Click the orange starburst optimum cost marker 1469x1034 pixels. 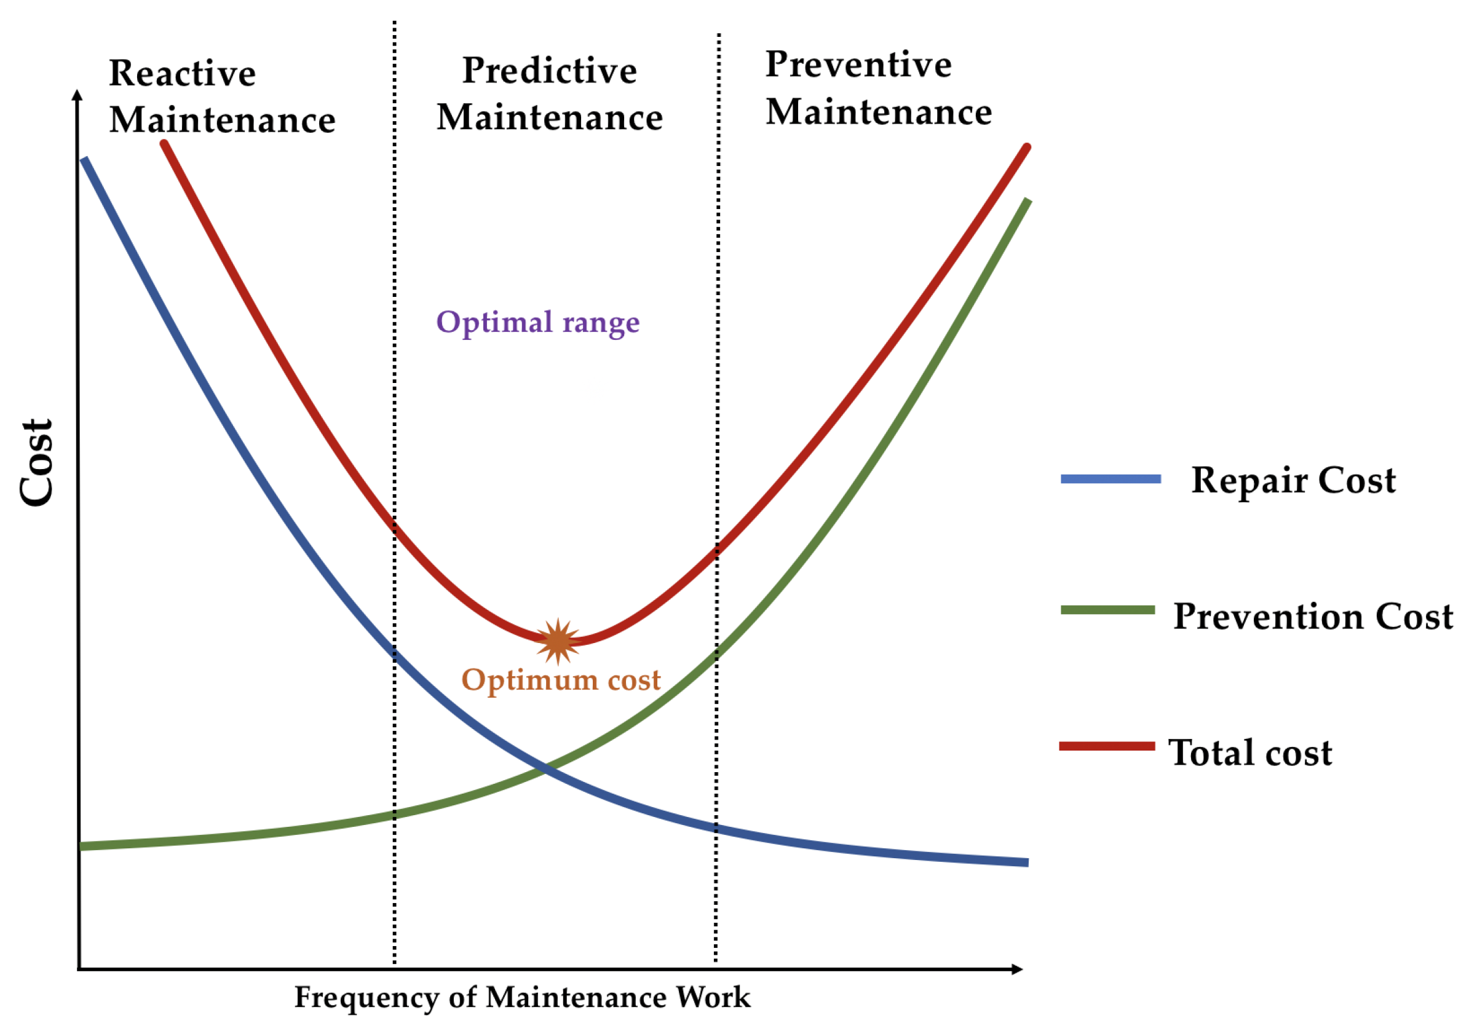(558, 641)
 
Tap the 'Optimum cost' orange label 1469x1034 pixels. (560, 680)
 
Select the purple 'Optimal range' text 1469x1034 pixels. (537, 322)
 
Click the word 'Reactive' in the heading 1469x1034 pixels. (183, 74)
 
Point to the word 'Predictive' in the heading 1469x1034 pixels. (550, 70)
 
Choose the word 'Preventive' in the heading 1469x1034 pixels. (858, 65)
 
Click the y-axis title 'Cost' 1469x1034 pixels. (36, 463)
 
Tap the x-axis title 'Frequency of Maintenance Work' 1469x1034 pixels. (522, 998)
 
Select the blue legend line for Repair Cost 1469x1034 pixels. (1111, 479)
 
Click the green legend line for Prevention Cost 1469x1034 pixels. (1108, 610)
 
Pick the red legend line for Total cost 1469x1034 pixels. (1107, 746)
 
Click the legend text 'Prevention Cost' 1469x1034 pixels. (1313, 617)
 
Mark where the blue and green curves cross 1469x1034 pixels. (544, 768)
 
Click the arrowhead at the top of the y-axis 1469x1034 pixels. (77, 95)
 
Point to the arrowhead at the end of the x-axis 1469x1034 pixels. (1016, 969)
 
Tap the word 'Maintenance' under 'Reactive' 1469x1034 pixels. (222, 120)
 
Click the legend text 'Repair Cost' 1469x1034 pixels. (1293, 481)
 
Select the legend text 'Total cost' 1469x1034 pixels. (1250, 752)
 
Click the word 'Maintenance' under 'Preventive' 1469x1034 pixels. (879, 112)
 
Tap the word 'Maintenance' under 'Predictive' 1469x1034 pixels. (550, 118)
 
